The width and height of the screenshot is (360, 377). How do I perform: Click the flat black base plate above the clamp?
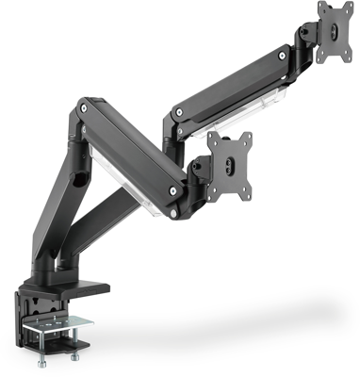(x=71, y=283)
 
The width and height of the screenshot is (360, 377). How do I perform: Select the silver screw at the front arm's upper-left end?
(x=87, y=109)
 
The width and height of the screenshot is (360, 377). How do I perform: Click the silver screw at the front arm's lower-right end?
(x=172, y=191)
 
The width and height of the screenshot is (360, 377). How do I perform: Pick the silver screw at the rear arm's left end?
(x=173, y=118)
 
